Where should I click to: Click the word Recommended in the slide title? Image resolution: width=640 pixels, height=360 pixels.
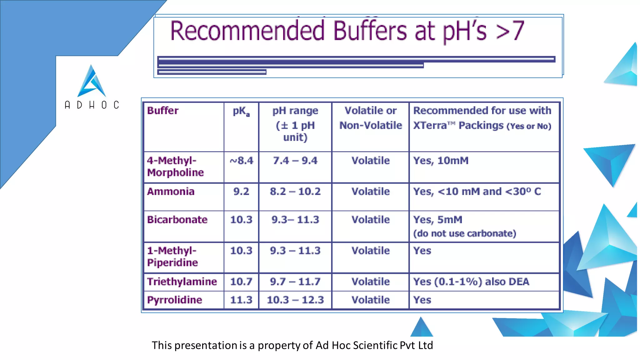coord(247,31)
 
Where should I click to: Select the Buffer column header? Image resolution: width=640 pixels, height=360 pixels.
coord(163,111)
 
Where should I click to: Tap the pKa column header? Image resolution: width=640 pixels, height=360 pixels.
coord(241,111)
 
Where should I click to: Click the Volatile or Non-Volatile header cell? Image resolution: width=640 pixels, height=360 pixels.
coord(371,118)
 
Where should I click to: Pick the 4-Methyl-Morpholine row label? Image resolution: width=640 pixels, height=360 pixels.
coord(175,167)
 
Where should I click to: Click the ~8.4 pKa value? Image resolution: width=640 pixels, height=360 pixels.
coord(241,161)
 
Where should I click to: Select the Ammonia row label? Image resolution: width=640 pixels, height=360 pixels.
coord(171,191)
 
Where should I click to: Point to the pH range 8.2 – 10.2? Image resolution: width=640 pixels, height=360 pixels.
coord(295,191)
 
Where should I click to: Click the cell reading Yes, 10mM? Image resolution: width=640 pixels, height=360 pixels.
coord(441,161)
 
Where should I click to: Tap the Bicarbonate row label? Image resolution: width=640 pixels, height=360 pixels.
coord(177,219)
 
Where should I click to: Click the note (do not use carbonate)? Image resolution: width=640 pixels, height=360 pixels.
coord(464,233)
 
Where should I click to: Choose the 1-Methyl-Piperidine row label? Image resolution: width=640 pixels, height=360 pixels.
coord(172,257)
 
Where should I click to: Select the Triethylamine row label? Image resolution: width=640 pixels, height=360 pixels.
coord(182,282)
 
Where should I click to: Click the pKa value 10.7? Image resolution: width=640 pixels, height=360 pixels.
coord(241,282)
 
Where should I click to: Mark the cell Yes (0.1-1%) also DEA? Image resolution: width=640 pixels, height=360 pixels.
coord(471,282)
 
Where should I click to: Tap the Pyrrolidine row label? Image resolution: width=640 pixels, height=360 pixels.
coord(175,300)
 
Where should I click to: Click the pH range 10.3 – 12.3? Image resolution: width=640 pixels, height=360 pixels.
coord(295,300)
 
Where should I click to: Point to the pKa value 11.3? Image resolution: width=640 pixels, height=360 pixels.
coord(241,300)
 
